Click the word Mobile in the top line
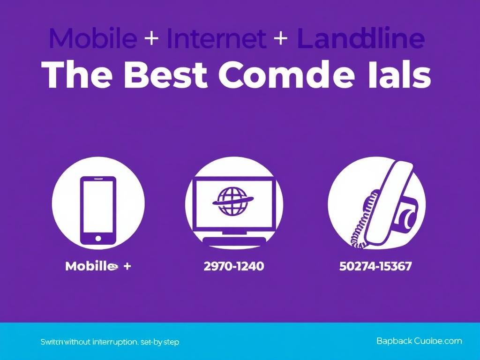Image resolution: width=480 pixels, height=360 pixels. point(92,39)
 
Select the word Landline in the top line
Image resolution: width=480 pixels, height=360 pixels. point(360,39)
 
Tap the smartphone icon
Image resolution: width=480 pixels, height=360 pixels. point(98,210)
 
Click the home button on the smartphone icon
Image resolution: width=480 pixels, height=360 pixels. point(98,238)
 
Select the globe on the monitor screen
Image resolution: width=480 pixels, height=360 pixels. point(230,202)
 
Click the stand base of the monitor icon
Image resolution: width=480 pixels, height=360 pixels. point(233,239)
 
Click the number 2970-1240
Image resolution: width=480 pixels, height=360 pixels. point(234,266)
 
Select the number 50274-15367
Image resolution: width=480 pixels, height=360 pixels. point(375,266)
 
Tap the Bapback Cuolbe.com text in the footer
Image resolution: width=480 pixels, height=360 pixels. point(419,341)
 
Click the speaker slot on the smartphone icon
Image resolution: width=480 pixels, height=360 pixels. point(98,179)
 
